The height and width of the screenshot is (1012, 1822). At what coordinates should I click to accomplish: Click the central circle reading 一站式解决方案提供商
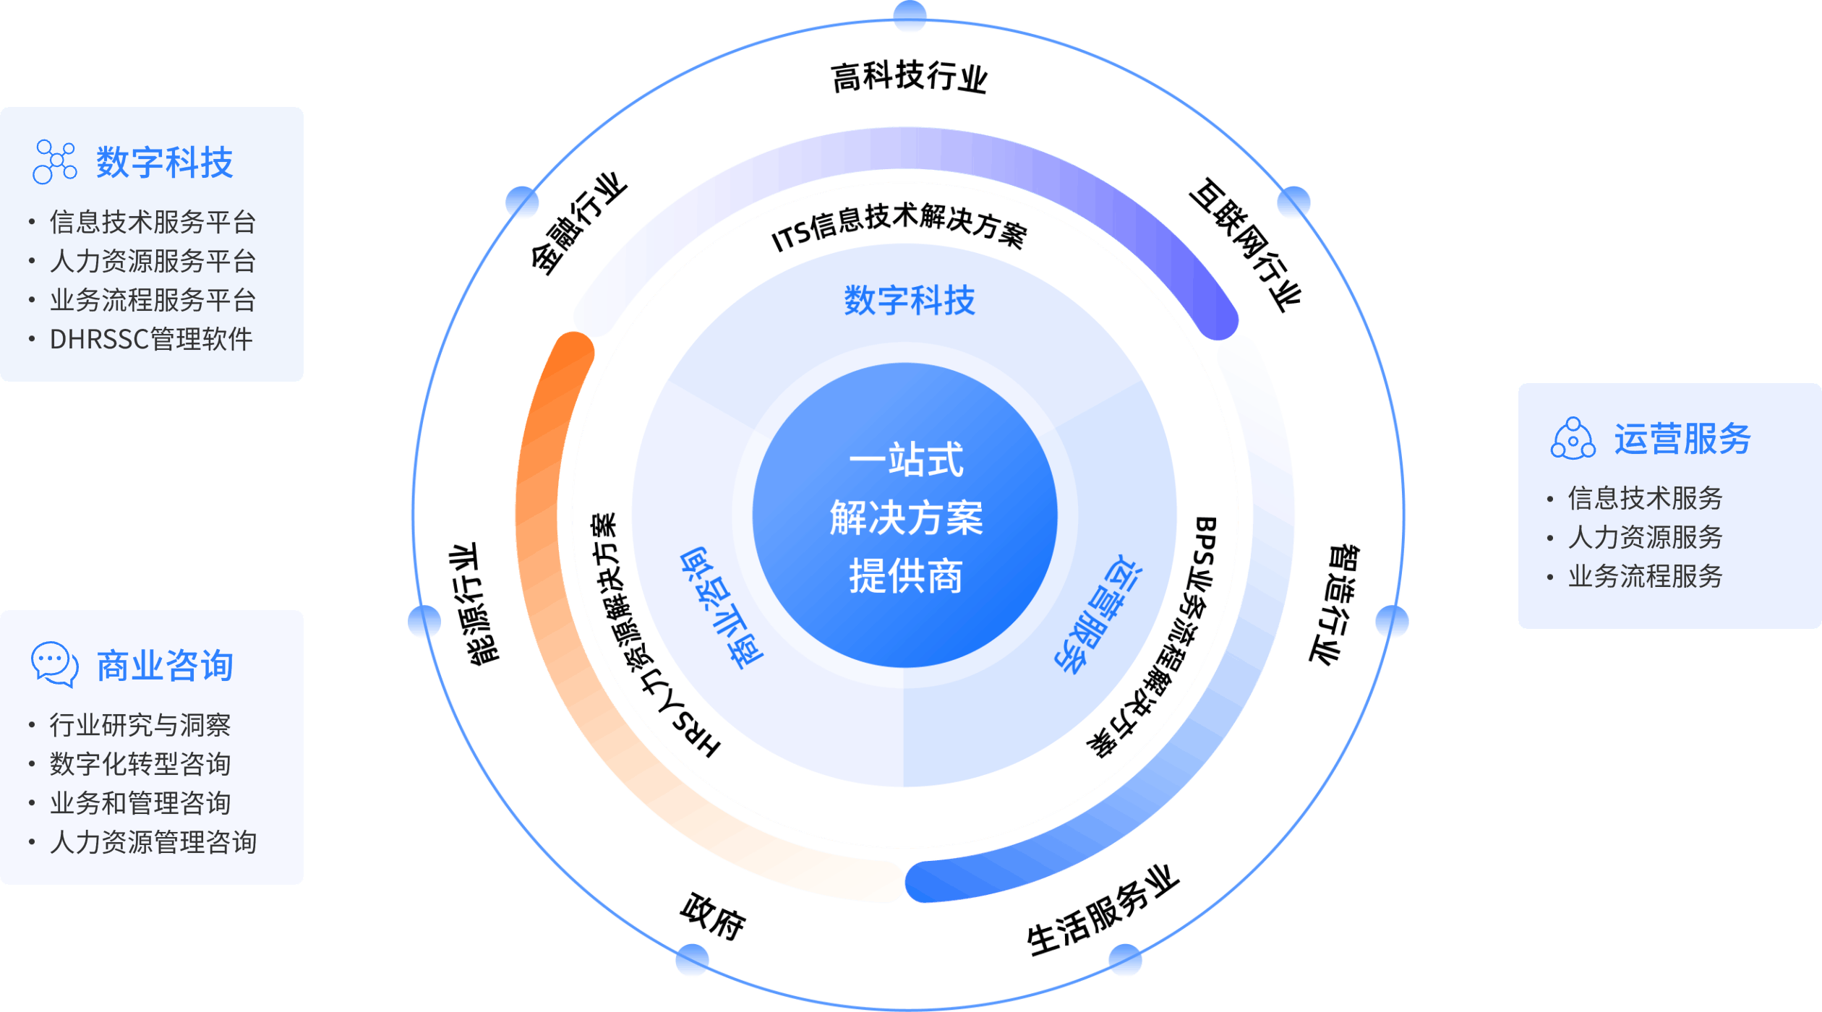pos(905,516)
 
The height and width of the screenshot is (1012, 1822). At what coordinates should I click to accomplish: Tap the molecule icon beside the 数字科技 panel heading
pos(55,162)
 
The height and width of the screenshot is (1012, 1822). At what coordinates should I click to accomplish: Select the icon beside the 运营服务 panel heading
pos(1573,439)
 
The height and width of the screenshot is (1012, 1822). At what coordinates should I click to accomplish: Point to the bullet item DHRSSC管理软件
pos(151,339)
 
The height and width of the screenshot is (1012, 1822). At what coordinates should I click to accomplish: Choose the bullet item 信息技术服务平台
pos(153,222)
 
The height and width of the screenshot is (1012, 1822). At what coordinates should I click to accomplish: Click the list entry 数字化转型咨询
pos(140,764)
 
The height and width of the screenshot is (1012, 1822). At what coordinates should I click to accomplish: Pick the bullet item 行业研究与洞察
pos(140,725)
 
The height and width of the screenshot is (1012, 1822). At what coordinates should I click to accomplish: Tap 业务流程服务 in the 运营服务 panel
pos(1645,576)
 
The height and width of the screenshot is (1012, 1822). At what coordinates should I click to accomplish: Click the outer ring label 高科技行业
pos(909,77)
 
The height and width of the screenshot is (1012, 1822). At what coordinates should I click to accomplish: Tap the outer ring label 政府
pos(712,917)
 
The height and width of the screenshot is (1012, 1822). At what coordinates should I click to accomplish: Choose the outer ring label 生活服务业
pos(1103,911)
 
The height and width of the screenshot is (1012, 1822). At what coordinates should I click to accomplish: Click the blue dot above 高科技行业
pos(910,17)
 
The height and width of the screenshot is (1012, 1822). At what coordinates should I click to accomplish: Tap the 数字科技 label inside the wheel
pos(910,300)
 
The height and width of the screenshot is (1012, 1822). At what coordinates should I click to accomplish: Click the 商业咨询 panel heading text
pos(165,666)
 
